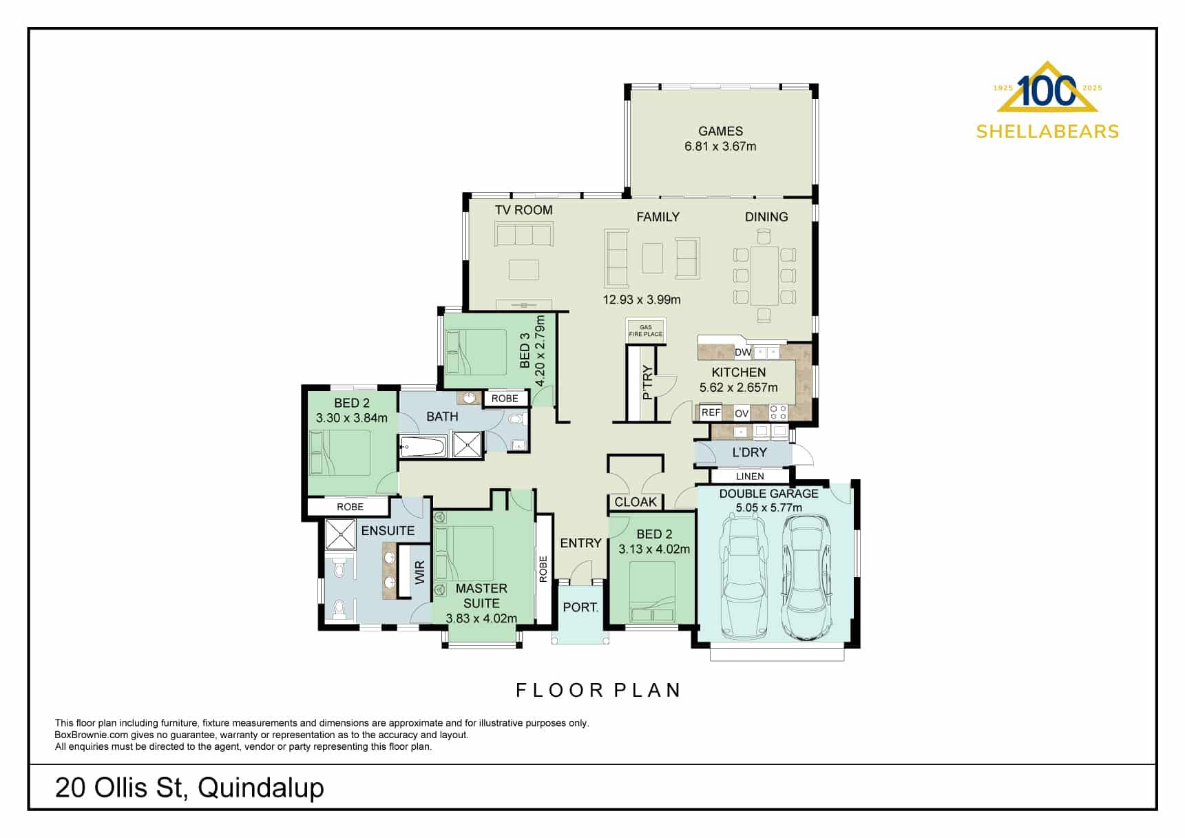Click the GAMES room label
[x=720, y=131]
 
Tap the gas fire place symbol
[x=645, y=331]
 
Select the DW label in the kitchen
[x=743, y=353]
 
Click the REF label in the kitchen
[x=711, y=412]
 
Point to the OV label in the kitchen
[x=742, y=413]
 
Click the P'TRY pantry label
[x=647, y=382]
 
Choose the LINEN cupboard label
[x=750, y=476]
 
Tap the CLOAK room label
[x=635, y=502]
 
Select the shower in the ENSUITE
[x=340, y=534]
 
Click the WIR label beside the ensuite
[x=420, y=572]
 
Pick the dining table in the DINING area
[x=764, y=275]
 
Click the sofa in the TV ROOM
[x=523, y=235]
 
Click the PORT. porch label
[x=580, y=607]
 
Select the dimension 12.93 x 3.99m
[x=641, y=300]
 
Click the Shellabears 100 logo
[x=1047, y=100]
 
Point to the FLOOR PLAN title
[x=598, y=690]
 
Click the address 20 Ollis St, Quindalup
[x=189, y=787]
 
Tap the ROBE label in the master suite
[x=543, y=569]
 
